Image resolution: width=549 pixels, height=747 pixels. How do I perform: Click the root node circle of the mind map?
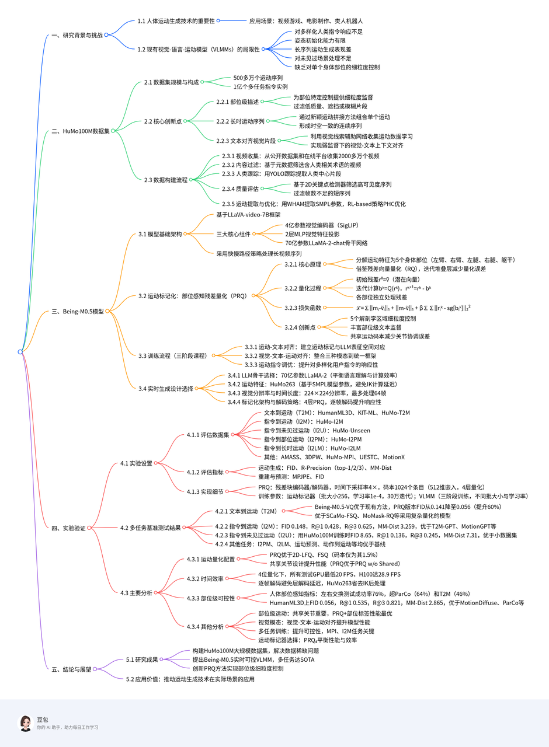(x=20, y=351)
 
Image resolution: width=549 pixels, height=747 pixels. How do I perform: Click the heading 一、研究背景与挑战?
(x=77, y=35)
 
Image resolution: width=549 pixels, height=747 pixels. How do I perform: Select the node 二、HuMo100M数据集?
(x=80, y=131)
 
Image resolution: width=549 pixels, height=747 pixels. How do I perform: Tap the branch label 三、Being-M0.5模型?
(x=77, y=311)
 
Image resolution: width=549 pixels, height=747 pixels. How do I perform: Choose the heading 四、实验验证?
(x=68, y=528)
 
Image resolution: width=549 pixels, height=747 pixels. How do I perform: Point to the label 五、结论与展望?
(x=71, y=669)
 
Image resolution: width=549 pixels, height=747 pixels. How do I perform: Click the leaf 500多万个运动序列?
(x=258, y=78)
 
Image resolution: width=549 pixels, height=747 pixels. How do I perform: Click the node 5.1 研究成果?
(x=143, y=659)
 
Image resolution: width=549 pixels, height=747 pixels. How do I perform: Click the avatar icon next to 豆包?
(x=26, y=723)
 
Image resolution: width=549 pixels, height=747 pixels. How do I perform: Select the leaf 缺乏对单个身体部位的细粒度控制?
(x=336, y=67)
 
